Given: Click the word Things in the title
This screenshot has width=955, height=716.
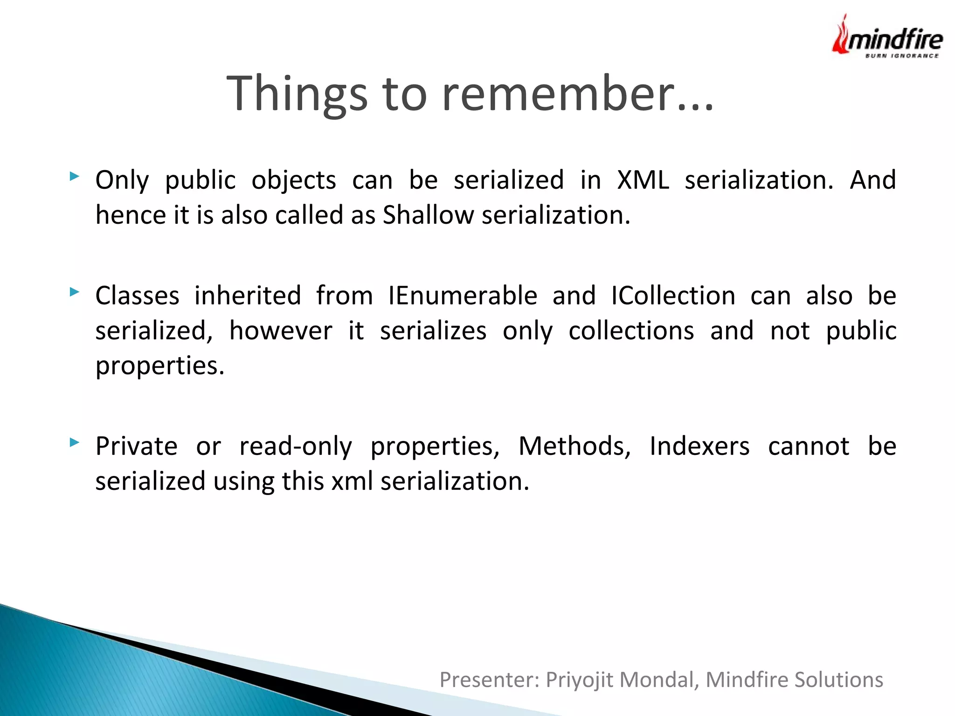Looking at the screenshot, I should tap(297, 94).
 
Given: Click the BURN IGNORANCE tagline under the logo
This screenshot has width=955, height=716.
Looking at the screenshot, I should tap(902, 56).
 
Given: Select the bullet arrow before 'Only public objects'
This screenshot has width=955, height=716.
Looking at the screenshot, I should tap(74, 177).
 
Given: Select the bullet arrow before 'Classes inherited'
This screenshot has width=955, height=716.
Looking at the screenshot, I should tap(74, 292).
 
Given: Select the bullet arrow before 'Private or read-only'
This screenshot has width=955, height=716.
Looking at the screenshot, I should tap(74, 442).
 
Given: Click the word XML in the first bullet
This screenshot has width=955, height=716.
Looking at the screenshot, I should tap(643, 180).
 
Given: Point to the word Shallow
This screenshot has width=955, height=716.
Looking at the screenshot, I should tap(428, 215).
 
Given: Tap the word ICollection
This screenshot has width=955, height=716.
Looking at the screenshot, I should tap(673, 296).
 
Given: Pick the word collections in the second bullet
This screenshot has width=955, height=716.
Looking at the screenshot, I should tap(631, 331).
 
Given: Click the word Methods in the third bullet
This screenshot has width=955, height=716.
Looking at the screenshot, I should tap(574, 446).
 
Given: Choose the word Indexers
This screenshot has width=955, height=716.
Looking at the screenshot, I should tap(699, 446).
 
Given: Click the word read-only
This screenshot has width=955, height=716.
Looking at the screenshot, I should tap(296, 446).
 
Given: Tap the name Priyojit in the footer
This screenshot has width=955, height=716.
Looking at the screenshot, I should tap(579, 680).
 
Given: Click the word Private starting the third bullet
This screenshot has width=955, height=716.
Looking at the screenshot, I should tap(136, 446).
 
